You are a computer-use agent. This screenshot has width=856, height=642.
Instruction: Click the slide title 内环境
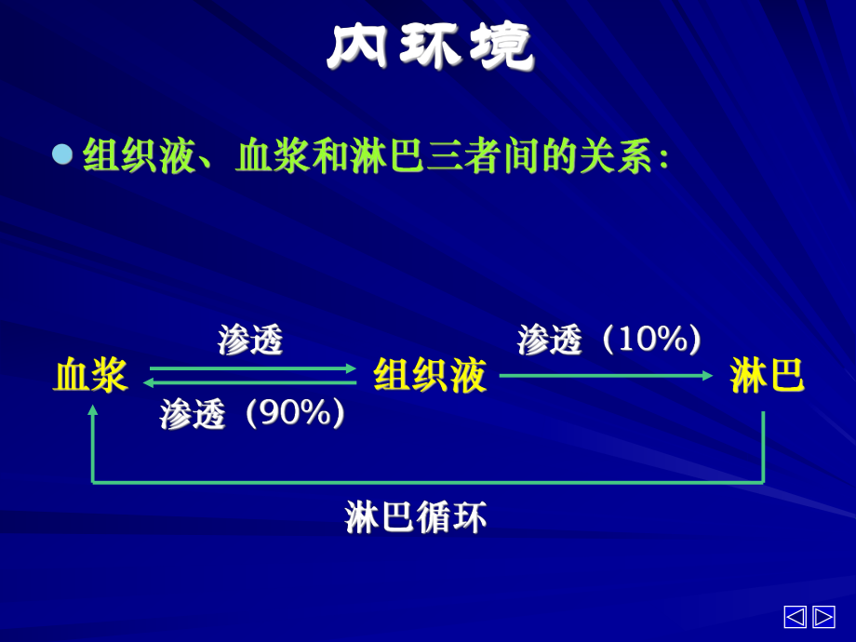[430, 47]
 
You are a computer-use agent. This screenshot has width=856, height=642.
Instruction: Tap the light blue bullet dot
[62, 154]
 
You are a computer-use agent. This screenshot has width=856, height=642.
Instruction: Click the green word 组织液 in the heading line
[140, 156]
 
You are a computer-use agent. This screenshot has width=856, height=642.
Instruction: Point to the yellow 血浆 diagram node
[90, 375]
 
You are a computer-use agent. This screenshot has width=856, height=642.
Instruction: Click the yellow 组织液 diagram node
[430, 375]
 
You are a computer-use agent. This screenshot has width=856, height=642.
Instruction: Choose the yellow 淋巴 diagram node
[767, 375]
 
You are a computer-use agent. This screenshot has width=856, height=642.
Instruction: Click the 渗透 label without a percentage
[250, 340]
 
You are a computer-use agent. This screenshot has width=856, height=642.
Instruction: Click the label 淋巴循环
[416, 516]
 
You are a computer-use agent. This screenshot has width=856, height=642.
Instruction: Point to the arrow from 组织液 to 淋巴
[606, 376]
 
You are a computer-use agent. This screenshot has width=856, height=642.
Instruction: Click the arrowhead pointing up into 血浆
[93, 409]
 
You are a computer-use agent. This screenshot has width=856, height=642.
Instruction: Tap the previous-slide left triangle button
[795, 617]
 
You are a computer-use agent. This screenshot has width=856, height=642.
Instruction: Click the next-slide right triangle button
[823, 617]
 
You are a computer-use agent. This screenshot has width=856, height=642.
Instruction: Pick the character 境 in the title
[502, 47]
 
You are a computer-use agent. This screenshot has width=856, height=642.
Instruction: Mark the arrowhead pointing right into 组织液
[351, 368]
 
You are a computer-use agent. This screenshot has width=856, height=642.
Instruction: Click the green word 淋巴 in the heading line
[388, 156]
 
